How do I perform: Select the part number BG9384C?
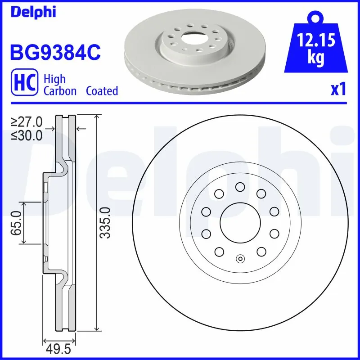point(55,52)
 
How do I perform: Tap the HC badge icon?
point(23,85)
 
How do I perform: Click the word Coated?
point(102,91)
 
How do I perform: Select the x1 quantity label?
point(338,90)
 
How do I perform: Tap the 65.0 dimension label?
point(18,223)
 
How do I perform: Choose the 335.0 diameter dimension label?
point(104,223)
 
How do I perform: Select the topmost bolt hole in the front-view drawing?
point(240,186)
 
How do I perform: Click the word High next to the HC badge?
point(54,79)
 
